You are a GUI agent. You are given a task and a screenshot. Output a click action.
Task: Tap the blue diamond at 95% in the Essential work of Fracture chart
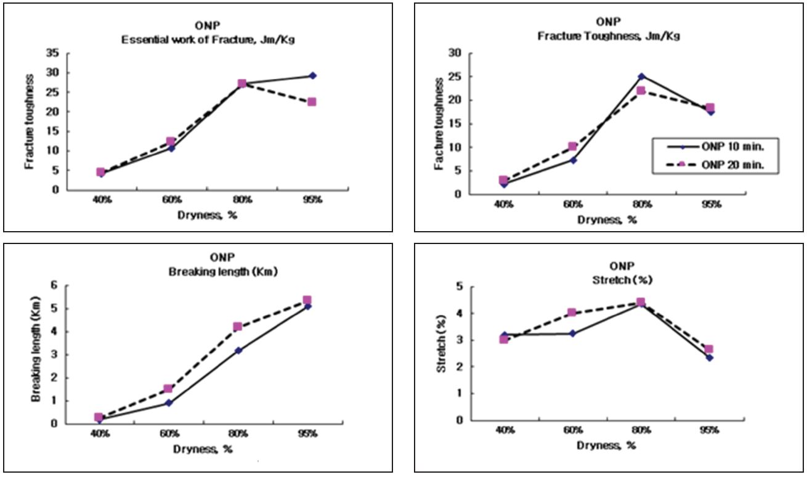312,75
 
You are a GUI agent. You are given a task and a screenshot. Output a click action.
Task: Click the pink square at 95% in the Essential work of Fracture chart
312,102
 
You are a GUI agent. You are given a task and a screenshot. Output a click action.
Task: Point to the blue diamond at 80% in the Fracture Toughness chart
641,76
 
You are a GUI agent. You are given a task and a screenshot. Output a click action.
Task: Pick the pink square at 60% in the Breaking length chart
168,389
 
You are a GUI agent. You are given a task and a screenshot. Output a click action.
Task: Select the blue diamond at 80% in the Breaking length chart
238,351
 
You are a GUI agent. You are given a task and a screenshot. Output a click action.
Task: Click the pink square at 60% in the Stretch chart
572,312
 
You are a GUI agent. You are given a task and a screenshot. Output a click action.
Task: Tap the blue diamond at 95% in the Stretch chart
709,357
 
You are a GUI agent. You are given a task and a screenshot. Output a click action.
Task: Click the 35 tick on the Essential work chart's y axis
55,54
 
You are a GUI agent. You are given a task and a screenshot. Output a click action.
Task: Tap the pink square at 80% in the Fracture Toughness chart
641,91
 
